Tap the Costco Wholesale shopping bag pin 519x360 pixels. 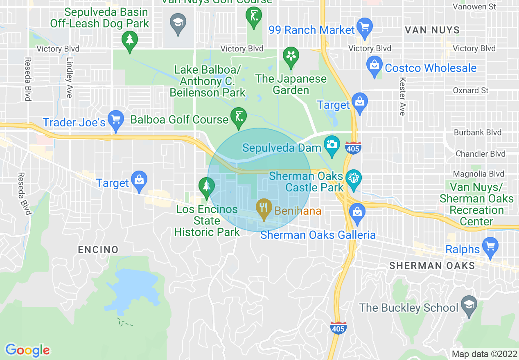coord(374,65)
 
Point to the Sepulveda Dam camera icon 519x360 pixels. coord(332,145)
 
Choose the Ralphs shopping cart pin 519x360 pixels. coord(490,246)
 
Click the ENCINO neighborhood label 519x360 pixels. coord(98,250)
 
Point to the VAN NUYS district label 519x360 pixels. coord(432,30)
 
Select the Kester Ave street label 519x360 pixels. coord(402,96)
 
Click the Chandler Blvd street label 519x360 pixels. coord(481,154)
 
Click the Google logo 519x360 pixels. coord(27,350)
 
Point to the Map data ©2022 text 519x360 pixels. coord(483,354)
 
